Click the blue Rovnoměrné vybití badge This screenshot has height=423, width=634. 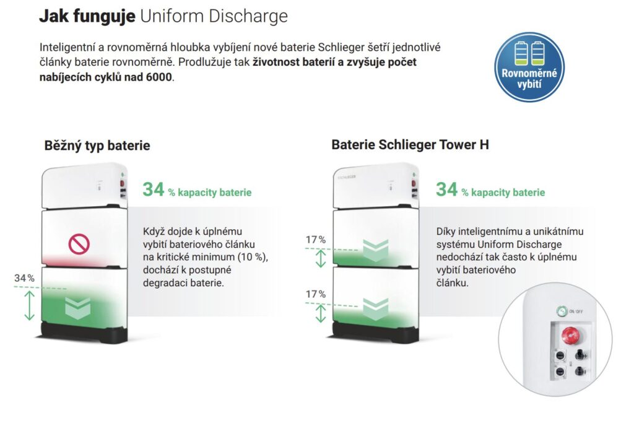coord(529,67)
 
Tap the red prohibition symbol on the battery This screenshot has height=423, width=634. coord(79,244)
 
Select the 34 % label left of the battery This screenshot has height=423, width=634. coord(24,278)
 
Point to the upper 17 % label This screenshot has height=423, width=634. coord(315,240)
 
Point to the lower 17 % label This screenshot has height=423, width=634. coord(315,294)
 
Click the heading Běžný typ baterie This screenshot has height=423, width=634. coord(97,146)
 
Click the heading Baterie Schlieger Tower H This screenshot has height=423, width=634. coord(410,145)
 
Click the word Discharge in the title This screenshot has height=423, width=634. coord(248,16)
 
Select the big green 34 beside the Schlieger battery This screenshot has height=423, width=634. coord(447,190)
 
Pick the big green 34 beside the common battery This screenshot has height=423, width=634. coord(154,190)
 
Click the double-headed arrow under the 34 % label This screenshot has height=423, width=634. coord(29,305)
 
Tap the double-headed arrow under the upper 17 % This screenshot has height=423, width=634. coord(321,258)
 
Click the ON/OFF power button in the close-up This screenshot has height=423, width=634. coord(561,311)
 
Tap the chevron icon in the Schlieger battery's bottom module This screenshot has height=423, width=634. coord(376,309)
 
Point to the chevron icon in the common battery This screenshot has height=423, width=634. coord(77,309)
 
